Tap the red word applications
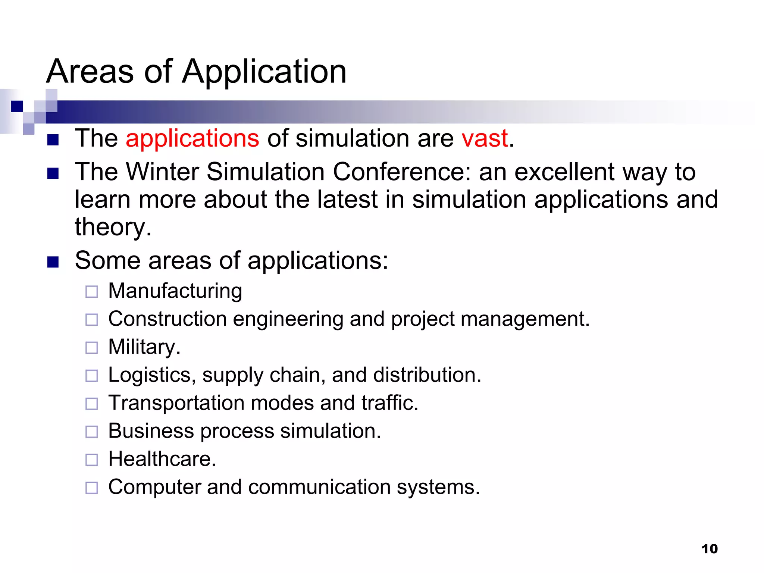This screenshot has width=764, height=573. point(192,138)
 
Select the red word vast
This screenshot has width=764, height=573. point(485,138)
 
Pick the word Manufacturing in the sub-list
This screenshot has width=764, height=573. point(175,291)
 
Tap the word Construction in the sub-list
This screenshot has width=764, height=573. point(167,319)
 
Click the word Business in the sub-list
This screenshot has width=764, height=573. point(151,431)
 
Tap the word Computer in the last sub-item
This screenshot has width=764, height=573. point(154,487)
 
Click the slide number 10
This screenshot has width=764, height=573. point(709,549)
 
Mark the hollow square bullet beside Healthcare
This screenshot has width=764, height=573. point(91,460)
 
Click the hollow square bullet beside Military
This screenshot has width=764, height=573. point(91,348)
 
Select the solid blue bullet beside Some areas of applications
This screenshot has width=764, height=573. point(53,262)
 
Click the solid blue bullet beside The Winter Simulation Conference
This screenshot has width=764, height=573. point(53,173)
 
